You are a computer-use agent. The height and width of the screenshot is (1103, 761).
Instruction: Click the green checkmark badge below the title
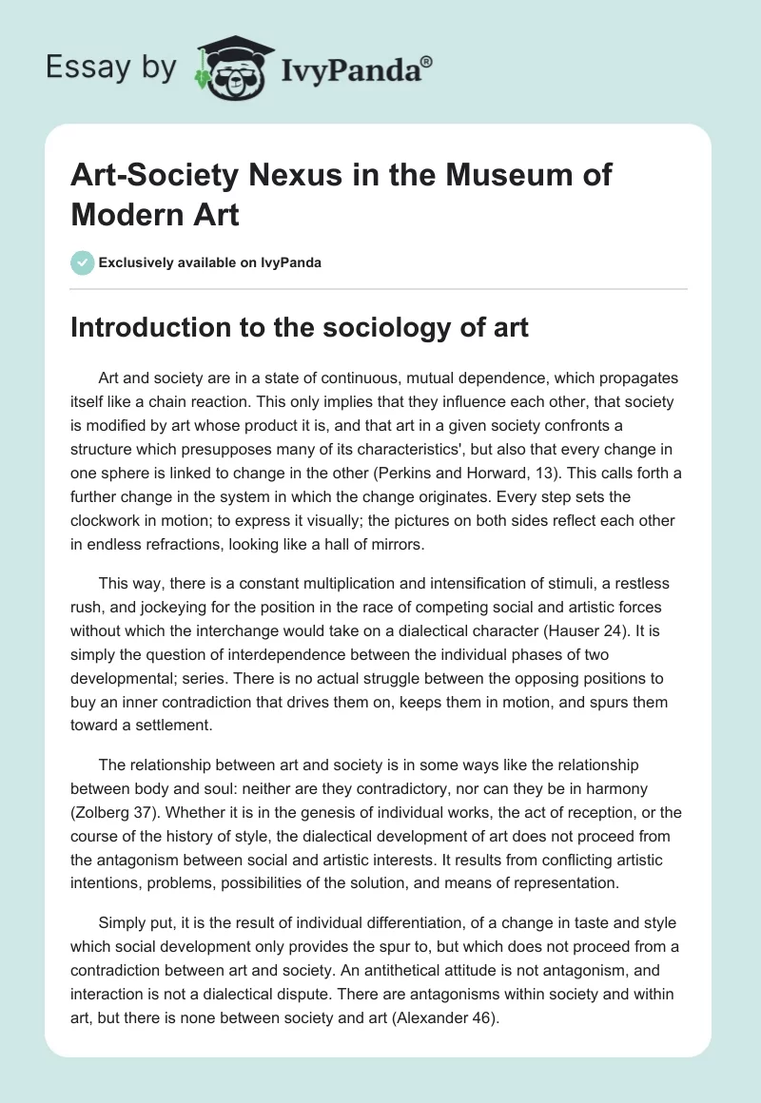click(x=83, y=262)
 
